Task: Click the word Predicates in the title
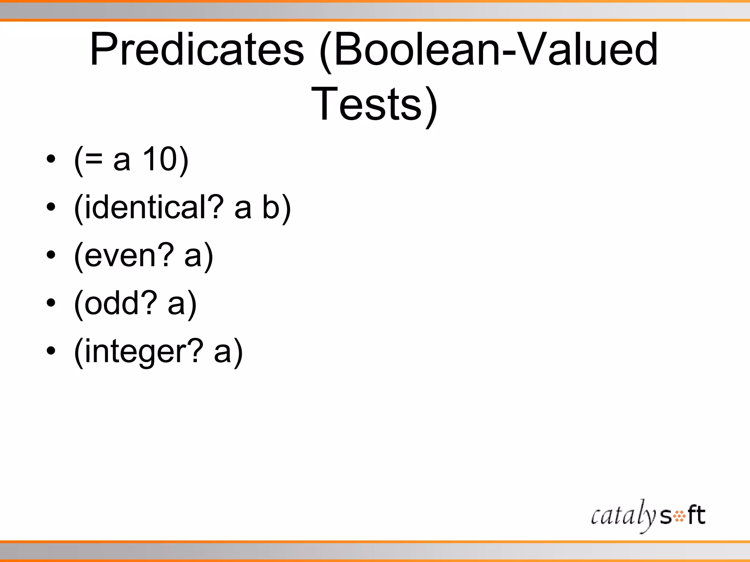pyautogui.click(x=197, y=49)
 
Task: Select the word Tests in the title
pyautogui.click(x=366, y=104)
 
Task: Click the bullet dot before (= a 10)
pyautogui.click(x=51, y=160)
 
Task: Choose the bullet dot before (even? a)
pyautogui.click(x=51, y=255)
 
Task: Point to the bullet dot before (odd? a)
pyautogui.click(x=51, y=303)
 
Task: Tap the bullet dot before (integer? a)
pyautogui.click(x=51, y=351)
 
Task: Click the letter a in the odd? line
pyautogui.click(x=176, y=304)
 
